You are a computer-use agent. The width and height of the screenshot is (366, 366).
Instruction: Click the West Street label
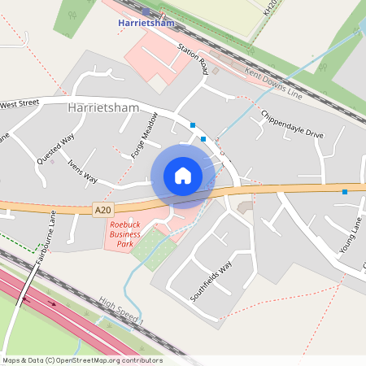(20, 104)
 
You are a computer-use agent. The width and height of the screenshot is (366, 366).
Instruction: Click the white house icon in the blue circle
(182, 176)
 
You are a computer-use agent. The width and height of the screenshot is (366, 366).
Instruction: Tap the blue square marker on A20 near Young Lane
(345, 192)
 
